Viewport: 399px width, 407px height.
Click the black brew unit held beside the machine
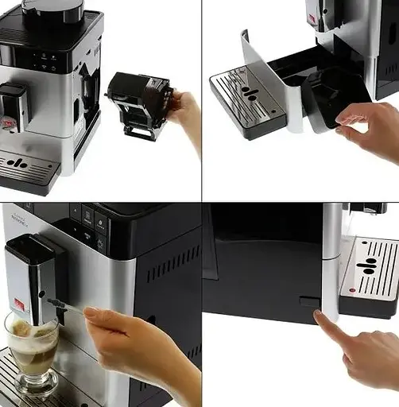139,102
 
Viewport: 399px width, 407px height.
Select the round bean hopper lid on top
52,9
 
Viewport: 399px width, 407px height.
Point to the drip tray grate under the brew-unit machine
27,165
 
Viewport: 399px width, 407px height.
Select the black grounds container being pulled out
334,91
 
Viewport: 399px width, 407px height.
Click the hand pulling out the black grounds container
370,127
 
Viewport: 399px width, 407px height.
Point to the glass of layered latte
33,350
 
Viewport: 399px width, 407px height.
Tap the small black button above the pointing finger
308,301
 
